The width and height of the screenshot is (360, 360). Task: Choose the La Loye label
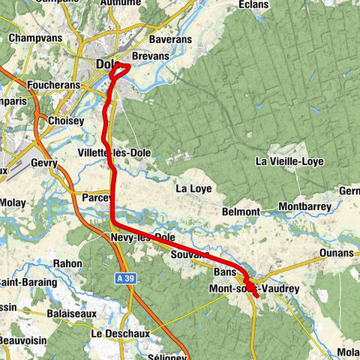coord(193,188)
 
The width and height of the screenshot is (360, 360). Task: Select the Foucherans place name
coord(52,85)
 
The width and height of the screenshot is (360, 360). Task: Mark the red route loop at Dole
coord(120,70)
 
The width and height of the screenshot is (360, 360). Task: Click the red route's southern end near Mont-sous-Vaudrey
coord(257,296)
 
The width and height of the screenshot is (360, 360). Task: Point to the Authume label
coord(121,3)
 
